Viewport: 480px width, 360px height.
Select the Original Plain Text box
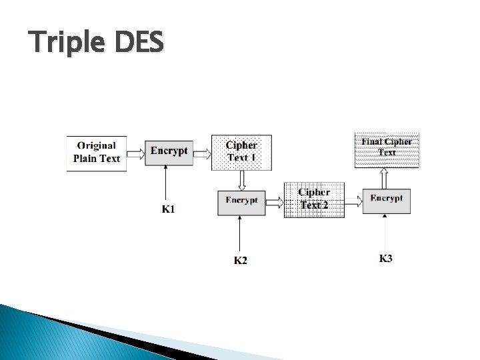(x=97, y=153)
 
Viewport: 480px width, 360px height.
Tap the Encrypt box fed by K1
(x=169, y=151)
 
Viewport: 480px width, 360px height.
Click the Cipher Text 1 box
(x=241, y=152)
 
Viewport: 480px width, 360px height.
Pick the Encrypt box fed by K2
(x=241, y=201)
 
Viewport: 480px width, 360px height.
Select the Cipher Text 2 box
(x=314, y=199)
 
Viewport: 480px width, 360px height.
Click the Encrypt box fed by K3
(x=386, y=200)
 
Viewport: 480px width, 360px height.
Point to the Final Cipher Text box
(x=387, y=148)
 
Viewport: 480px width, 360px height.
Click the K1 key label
(x=169, y=209)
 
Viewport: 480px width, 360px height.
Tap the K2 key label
(x=240, y=260)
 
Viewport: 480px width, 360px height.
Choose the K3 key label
(x=386, y=258)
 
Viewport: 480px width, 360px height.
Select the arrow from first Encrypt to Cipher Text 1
(x=202, y=153)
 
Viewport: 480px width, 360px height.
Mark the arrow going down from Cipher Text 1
(x=242, y=180)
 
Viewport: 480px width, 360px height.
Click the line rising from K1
(x=163, y=183)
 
